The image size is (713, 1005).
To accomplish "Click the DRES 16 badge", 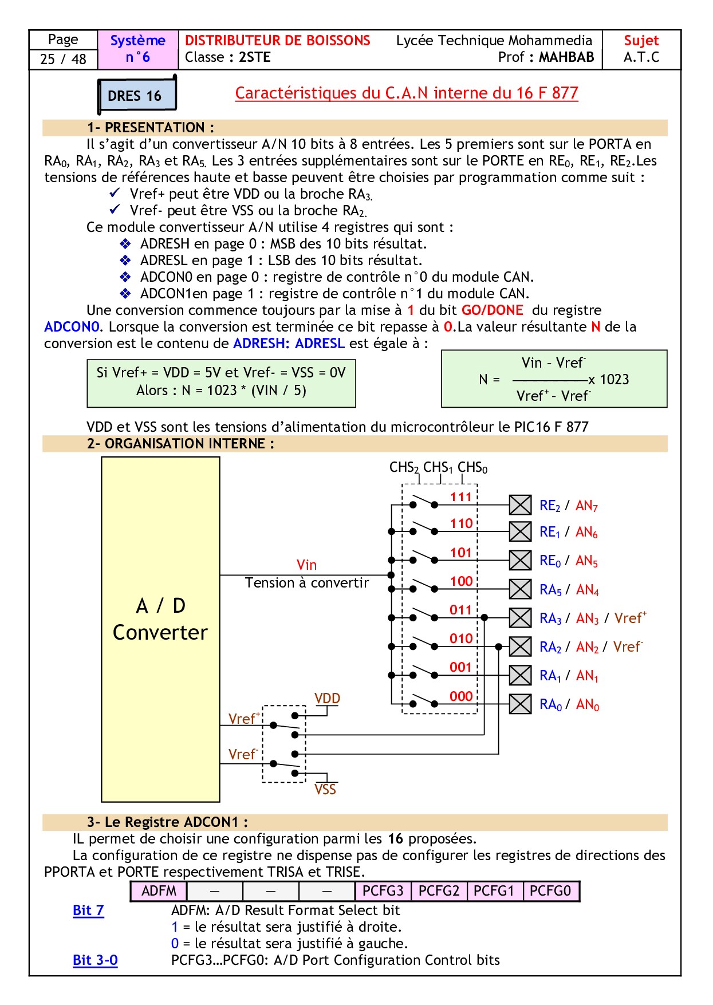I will tap(136, 95).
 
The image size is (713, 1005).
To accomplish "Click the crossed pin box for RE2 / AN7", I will tap(520, 505).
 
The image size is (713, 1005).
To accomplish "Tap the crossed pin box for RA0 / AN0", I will tap(520, 703).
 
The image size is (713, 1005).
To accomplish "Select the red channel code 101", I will tap(461, 553).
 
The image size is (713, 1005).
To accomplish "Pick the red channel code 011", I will tap(460, 610).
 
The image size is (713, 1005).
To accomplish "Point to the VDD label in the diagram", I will tap(327, 699).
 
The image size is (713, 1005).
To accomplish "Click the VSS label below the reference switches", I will tap(325, 789).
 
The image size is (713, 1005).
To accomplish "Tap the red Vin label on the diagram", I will tap(306, 565).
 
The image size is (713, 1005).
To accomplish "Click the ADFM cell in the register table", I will tap(159, 891).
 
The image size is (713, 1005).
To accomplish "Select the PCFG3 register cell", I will tap(383, 891).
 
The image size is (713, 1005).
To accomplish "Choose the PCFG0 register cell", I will tap(550, 891).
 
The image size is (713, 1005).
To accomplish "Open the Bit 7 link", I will tap(88, 910).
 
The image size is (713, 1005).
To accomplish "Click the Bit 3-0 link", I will tap(95, 960).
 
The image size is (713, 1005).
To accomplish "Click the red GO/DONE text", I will tap(493, 310).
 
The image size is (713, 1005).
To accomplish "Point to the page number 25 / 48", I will tap(63, 59).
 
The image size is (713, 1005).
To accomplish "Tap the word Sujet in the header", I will tap(641, 41).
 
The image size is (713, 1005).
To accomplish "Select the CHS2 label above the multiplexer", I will tap(404, 467).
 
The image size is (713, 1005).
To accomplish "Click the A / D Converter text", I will tap(160, 619).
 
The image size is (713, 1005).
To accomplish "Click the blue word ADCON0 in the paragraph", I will tap(72, 327).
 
